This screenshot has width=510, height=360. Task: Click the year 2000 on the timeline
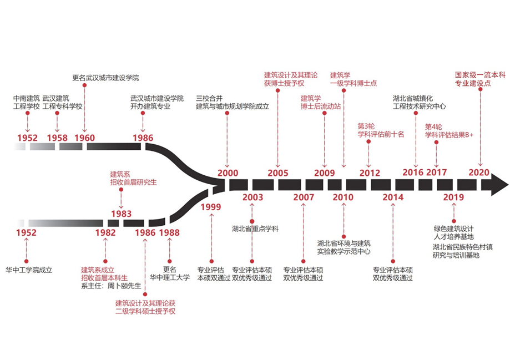pos(228,173)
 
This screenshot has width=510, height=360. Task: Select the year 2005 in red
pos(277,173)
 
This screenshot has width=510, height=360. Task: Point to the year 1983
pos(121,214)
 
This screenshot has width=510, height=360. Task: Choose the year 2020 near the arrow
pos(478,172)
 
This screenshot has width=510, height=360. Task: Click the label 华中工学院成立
pos(28,270)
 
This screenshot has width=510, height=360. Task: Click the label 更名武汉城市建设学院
pos(105,77)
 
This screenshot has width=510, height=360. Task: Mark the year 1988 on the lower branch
pos(169,232)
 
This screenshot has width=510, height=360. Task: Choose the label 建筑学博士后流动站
pos(320,102)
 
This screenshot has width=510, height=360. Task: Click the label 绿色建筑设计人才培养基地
pos(453,232)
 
